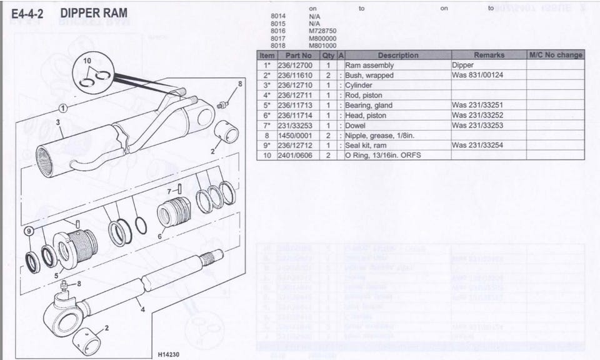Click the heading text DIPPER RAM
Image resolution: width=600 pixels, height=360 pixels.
point(94,13)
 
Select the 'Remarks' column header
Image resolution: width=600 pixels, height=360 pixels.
point(488,55)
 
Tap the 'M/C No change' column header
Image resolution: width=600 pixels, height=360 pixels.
point(555,55)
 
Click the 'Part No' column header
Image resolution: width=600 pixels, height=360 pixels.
point(298,55)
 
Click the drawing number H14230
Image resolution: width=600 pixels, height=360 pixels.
point(168,354)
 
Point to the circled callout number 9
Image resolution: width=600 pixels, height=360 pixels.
point(28,231)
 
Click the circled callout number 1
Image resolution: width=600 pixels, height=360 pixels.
point(64,108)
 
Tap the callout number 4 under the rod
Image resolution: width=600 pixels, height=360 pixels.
point(142,309)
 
